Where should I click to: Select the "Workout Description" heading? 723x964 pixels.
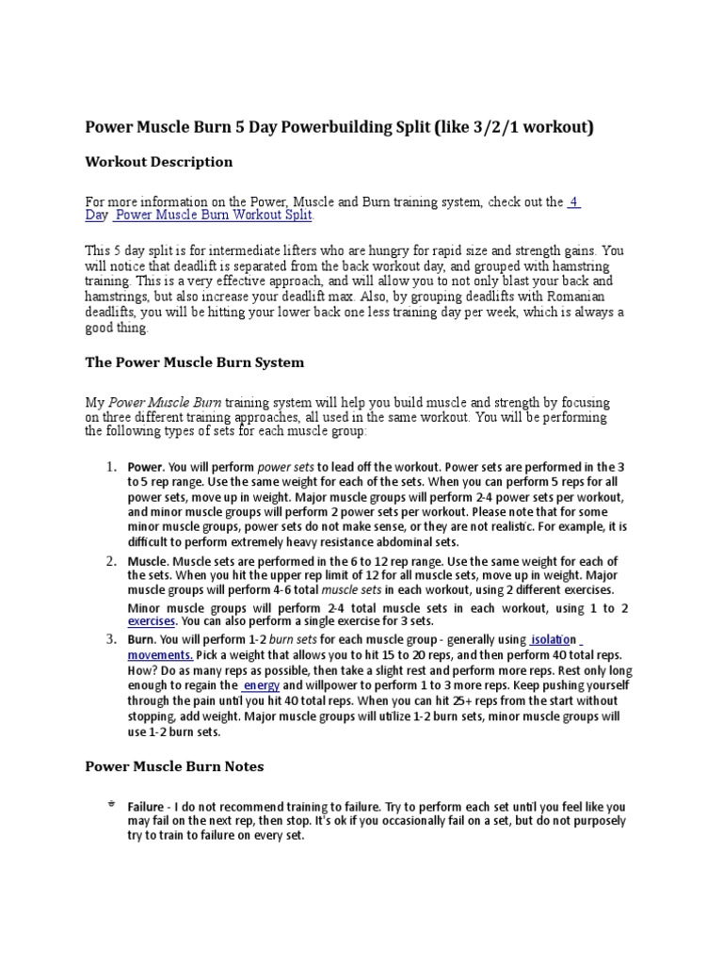[159, 162]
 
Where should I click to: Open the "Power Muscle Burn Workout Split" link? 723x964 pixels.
[214, 216]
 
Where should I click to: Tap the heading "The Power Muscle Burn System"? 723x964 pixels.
[195, 362]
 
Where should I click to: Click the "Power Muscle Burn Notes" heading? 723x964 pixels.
[174, 766]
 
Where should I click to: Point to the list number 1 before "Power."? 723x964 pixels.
[110, 467]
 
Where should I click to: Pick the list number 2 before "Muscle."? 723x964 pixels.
[110, 561]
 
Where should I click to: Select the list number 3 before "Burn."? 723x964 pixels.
[110, 639]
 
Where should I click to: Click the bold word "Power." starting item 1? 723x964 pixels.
[146, 467]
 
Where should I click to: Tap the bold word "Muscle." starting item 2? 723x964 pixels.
[149, 561]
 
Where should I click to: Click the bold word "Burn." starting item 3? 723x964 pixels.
[143, 639]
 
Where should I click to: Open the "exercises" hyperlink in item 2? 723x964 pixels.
[152, 621]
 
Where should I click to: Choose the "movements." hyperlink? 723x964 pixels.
[160, 654]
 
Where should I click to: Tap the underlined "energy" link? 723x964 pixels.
[261, 685]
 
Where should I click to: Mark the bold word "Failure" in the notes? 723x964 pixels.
[149, 807]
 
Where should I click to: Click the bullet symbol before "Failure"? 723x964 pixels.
[110, 804]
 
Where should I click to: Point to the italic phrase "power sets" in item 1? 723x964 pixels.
[285, 467]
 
